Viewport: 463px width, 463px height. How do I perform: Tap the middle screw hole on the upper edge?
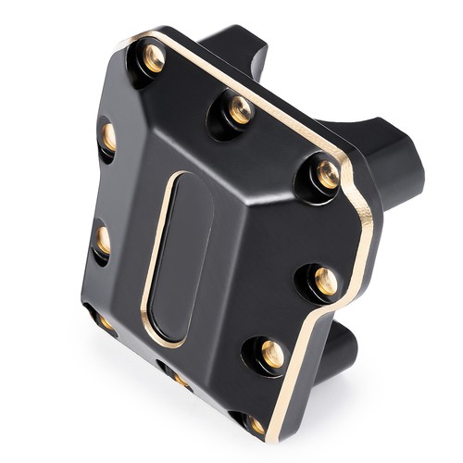tap(240, 109)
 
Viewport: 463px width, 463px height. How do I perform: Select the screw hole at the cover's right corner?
tap(327, 174)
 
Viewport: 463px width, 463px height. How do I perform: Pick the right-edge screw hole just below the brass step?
tap(325, 279)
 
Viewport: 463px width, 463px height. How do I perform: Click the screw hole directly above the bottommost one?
tap(272, 353)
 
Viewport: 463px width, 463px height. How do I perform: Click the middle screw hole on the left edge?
tap(103, 240)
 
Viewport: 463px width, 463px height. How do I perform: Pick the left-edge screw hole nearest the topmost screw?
tap(108, 137)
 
